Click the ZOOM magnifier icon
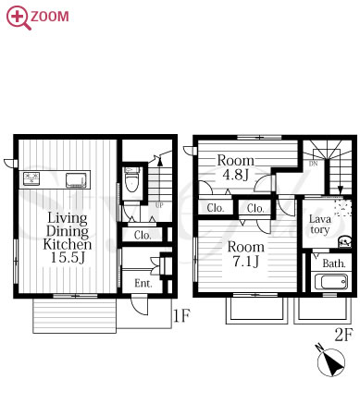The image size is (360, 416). tap(19, 18)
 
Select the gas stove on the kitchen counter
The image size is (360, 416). tap(32, 178)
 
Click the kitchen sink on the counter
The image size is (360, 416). tap(76, 180)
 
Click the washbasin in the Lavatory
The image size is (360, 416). tap(344, 241)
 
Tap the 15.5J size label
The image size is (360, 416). tap(68, 257)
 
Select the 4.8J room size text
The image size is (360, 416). tap(235, 175)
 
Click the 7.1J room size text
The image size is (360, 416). tap(245, 262)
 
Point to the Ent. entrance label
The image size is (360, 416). tap(143, 283)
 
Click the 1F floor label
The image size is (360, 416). tap(181, 315)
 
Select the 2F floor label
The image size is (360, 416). tap(343, 335)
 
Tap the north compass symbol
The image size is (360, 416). tap(331, 361)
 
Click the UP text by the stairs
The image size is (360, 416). tap(159, 205)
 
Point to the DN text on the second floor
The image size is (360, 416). tap(313, 164)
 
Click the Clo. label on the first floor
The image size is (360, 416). tap(143, 236)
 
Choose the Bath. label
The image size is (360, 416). tap(334, 263)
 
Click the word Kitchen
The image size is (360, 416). tap(68, 244)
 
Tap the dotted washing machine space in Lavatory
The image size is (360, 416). tap(343, 208)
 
